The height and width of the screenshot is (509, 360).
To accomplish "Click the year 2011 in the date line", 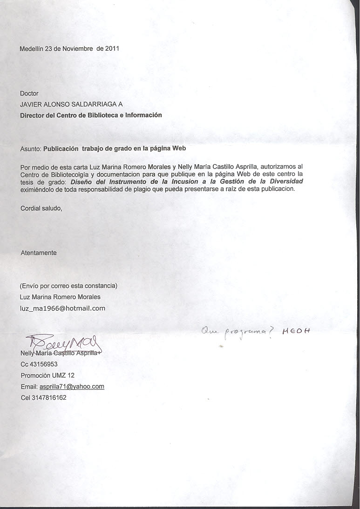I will [x=112, y=48].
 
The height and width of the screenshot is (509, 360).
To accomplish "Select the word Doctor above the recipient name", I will [x=29, y=94].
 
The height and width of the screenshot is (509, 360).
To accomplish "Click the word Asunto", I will [x=30, y=149].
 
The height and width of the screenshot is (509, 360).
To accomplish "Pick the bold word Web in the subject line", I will [x=179, y=149].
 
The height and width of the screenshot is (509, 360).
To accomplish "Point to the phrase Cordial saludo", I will [x=41, y=208].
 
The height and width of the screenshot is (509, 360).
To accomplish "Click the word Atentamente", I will [x=39, y=253].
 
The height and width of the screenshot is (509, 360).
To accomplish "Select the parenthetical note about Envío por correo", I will [x=68, y=285].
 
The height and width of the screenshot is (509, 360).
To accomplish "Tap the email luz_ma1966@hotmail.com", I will [x=62, y=308].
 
